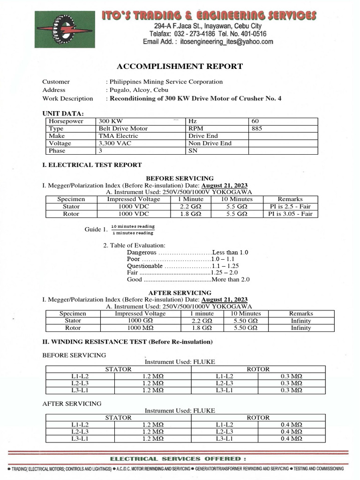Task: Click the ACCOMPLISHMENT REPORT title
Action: pyautogui.click(x=180, y=66)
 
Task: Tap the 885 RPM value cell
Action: pyautogui.click(x=257, y=128)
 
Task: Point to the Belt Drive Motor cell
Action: pyautogui.click(x=123, y=128)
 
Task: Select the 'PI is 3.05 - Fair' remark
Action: pyautogui.click(x=290, y=214)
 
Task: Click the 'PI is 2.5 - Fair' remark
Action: pyautogui.click(x=290, y=206)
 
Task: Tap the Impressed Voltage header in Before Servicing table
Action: pyautogui.click(x=133, y=199)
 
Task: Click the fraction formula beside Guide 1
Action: pyautogui.click(x=132, y=230)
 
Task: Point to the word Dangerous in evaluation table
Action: pyautogui.click(x=142, y=252)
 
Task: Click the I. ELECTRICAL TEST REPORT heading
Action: pyautogui.click(x=92, y=165)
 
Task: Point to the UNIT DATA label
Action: pyautogui.click(x=63, y=114)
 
